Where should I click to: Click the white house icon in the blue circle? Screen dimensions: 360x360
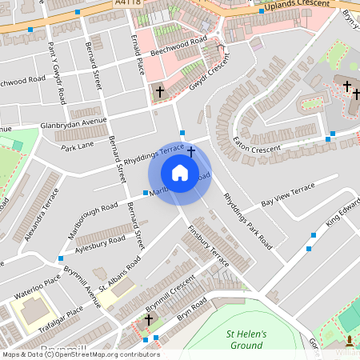click(180, 173)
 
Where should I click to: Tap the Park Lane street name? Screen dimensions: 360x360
click(78, 146)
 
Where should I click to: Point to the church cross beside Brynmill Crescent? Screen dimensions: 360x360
click(148, 320)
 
